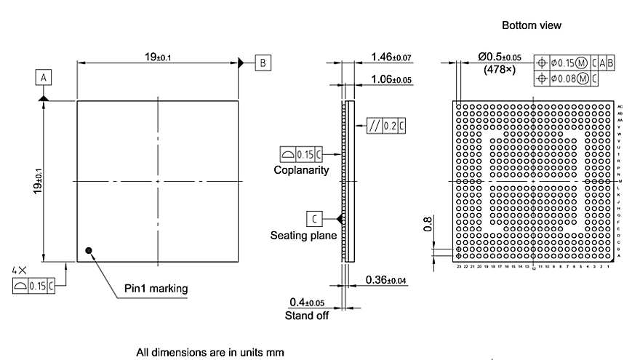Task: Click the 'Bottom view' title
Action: coord(532,25)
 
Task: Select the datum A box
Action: coord(44,77)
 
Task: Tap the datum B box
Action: coord(263,63)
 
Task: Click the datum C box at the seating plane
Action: coord(314,218)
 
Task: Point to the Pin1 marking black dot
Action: coord(89,251)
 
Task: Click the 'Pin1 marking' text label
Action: coord(155,289)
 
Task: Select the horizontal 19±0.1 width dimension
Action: coord(157,57)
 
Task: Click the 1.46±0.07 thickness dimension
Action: coord(391,57)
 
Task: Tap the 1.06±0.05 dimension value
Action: coord(391,79)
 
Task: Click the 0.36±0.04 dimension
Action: coord(386,280)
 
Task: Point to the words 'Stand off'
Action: coord(306,316)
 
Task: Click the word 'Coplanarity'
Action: coord(301,170)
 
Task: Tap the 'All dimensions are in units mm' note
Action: coord(209,353)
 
